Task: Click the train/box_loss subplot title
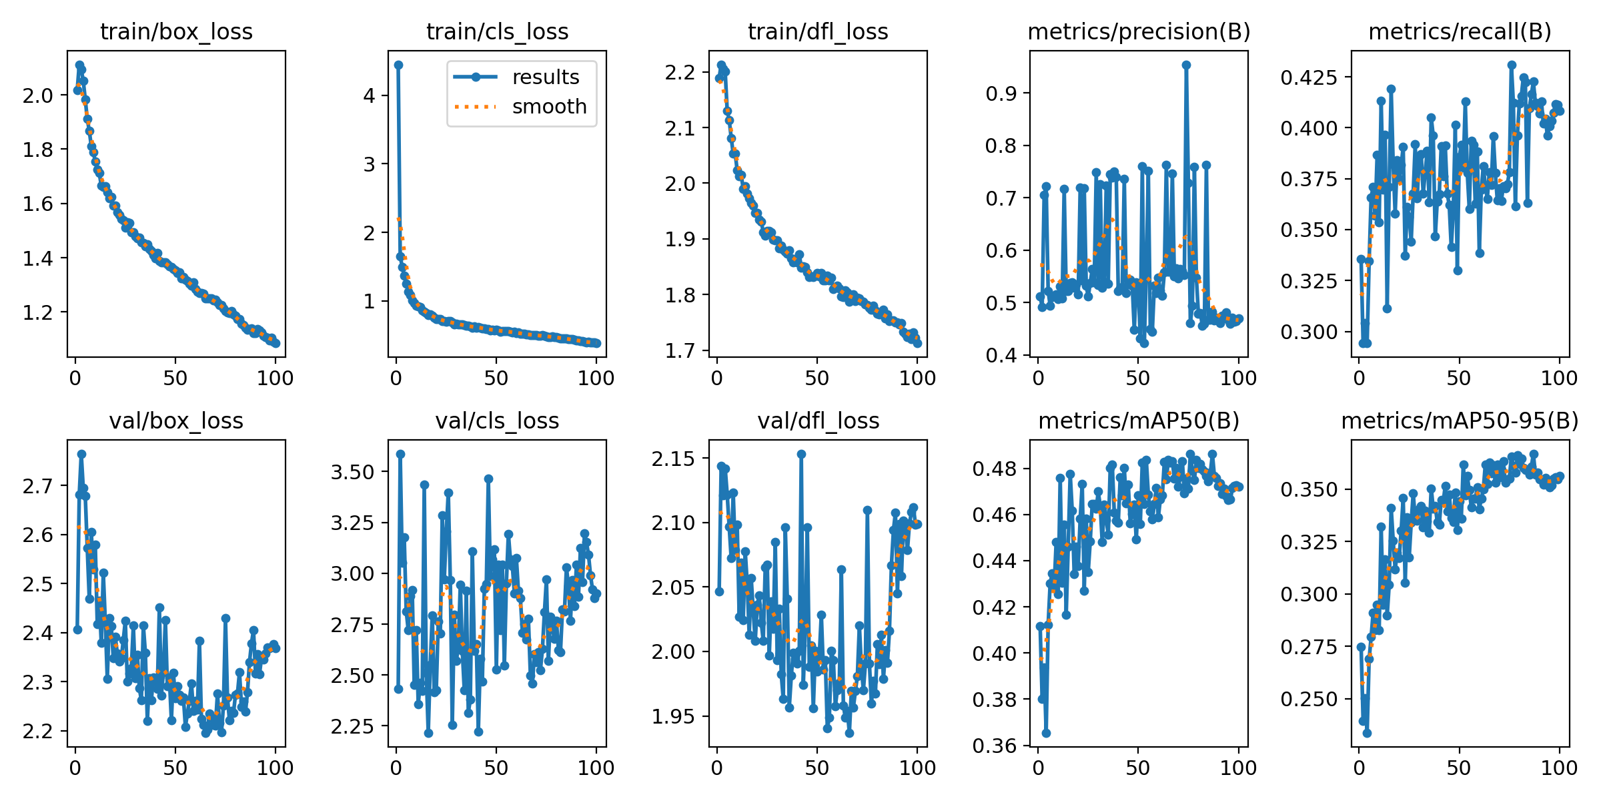point(176,31)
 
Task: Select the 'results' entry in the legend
point(545,77)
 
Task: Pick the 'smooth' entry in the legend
point(548,107)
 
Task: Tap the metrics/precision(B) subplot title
point(1139,31)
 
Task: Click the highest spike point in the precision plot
point(1186,65)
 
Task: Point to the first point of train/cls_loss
point(398,65)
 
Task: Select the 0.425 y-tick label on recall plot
point(1309,77)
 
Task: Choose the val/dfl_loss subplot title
point(818,421)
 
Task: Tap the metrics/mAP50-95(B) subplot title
point(1460,421)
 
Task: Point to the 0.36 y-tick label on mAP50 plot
point(994,746)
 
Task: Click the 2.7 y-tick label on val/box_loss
point(37,486)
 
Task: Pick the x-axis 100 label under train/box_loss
point(275,378)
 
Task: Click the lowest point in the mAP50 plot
point(1046,733)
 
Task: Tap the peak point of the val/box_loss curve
point(81,454)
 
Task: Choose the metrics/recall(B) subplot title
point(1460,31)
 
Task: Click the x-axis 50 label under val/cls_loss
point(496,768)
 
